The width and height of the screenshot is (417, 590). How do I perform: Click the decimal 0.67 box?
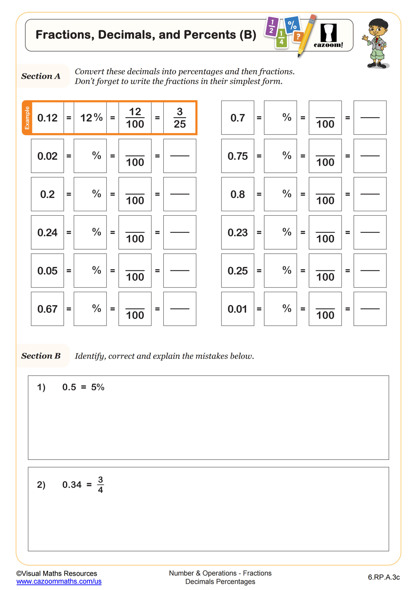pyautogui.click(x=47, y=309)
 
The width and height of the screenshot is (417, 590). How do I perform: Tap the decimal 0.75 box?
pyautogui.click(x=238, y=156)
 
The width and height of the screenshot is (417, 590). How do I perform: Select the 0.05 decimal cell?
pyautogui.click(x=47, y=271)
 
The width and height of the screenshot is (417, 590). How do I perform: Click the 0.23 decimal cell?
pyautogui.click(x=238, y=232)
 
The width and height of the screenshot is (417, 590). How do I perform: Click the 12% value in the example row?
pyautogui.click(x=91, y=118)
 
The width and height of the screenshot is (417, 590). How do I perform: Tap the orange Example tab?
pyautogui.click(x=27, y=118)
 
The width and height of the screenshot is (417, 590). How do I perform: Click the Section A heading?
pyautogui.click(x=41, y=76)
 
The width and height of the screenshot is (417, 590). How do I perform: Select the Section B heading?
pyautogui.click(x=41, y=356)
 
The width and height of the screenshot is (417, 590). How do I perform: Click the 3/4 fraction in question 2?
pyautogui.click(x=100, y=485)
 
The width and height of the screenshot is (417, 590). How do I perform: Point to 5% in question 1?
pyautogui.click(x=98, y=387)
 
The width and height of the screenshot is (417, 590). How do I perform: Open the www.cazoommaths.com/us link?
pyautogui.click(x=59, y=581)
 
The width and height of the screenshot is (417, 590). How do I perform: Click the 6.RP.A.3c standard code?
pyautogui.click(x=384, y=577)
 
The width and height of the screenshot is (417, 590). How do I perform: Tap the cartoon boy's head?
pyautogui.click(x=378, y=28)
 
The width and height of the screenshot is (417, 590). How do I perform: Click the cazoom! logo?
pyautogui.click(x=328, y=36)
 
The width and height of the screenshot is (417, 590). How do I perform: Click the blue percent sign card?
pyautogui.click(x=292, y=25)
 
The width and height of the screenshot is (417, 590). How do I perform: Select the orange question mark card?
pyautogui.click(x=298, y=37)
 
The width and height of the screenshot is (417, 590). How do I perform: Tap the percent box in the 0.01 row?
pyautogui.click(x=280, y=309)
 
